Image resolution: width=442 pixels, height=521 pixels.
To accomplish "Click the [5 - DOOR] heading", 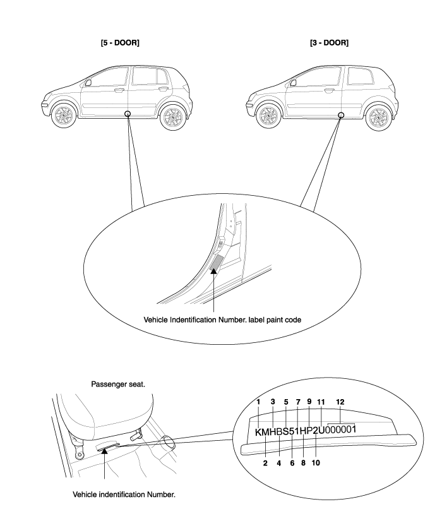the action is click(120, 43).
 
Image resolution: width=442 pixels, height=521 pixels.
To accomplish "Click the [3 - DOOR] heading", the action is click(329, 43).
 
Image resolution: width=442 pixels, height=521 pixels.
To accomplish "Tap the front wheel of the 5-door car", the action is click(64, 116).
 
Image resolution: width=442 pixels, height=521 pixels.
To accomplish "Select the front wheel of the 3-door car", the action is click(268, 116).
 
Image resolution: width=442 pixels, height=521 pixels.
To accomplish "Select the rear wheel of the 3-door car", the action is click(378, 117).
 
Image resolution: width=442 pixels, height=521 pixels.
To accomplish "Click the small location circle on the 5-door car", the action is click(128, 114).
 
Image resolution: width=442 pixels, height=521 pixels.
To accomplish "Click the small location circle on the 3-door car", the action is click(341, 115).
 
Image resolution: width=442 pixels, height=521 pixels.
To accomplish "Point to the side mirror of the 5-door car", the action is click(88, 82).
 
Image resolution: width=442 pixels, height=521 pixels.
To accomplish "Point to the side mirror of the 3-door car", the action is click(293, 83).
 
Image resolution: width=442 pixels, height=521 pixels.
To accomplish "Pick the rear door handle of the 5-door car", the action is click(164, 88).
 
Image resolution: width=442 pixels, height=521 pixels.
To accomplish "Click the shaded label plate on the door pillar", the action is click(217, 263).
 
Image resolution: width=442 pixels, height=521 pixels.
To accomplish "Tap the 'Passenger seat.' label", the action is click(118, 385).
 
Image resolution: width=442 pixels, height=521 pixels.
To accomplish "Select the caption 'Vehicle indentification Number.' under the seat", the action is click(124, 494).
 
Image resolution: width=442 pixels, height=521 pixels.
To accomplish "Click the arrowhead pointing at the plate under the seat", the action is click(104, 450).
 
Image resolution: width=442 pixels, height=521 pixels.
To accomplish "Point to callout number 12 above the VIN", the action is click(340, 402).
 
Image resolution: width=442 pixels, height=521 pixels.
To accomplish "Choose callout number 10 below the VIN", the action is click(316, 462).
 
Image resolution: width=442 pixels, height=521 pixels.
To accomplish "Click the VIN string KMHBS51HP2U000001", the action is click(306, 431).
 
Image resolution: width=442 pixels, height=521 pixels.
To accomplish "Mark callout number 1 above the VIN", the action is click(258, 402).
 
